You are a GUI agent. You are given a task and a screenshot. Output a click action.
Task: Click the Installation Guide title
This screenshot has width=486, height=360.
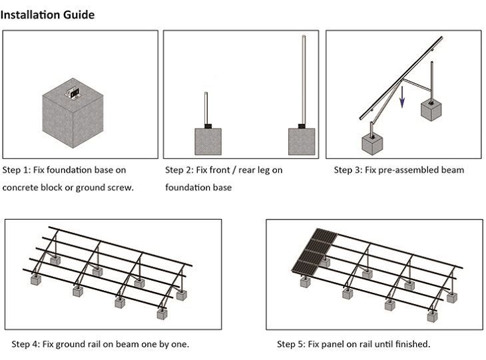click(x=47, y=15)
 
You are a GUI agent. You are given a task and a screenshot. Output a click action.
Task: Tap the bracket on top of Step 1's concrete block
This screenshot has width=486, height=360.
click(x=74, y=92)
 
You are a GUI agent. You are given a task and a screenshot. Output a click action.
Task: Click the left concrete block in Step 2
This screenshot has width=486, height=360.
click(x=208, y=141)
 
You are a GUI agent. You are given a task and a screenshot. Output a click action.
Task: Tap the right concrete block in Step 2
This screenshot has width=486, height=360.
click(x=301, y=141)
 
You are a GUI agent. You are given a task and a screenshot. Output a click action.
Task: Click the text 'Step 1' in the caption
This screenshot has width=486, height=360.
click(x=15, y=170)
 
